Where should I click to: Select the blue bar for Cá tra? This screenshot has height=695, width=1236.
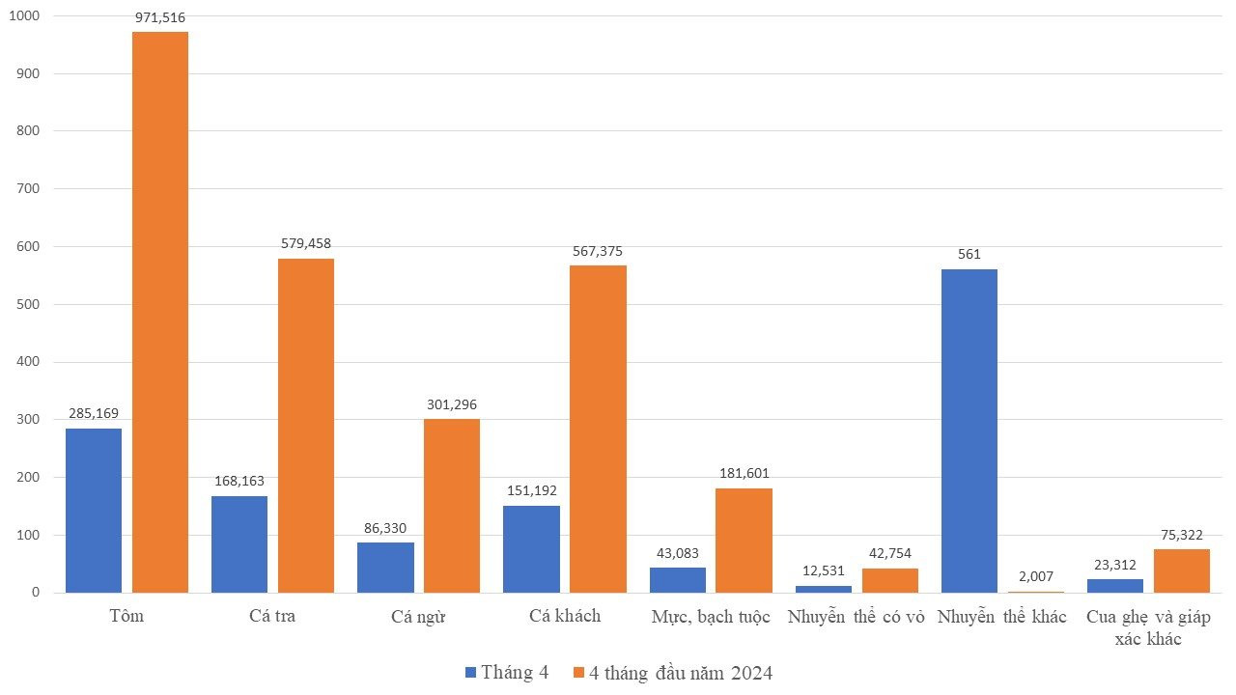click(239, 544)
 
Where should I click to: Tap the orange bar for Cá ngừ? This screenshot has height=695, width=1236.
click(452, 506)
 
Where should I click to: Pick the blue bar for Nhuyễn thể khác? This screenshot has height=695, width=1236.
click(969, 431)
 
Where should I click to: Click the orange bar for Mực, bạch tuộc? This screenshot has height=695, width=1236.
click(744, 541)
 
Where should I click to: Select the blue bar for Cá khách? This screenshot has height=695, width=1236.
click(531, 549)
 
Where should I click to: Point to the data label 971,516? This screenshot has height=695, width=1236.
click(160, 17)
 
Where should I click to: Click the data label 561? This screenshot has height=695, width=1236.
click(969, 255)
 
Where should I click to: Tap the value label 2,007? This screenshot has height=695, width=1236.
click(1036, 576)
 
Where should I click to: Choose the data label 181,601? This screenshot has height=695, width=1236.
click(744, 474)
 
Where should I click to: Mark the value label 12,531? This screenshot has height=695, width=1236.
click(823, 570)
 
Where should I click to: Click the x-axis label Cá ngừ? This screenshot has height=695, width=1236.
click(418, 617)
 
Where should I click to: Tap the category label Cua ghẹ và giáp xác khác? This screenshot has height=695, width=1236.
click(1148, 628)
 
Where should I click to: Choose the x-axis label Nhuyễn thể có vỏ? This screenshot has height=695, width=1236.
click(857, 617)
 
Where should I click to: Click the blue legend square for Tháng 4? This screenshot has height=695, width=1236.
click(471, 673)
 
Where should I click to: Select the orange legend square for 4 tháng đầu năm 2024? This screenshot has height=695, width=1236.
click(578, 673)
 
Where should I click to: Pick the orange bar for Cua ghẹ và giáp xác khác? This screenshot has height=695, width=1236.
click(1182, 570)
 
